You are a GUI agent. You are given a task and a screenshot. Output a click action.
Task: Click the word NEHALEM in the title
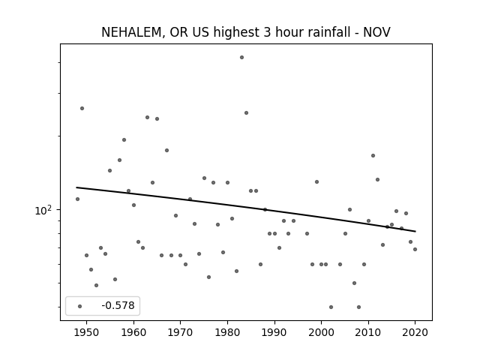point(131,32)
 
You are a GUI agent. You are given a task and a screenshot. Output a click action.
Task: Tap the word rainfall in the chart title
point(313,31)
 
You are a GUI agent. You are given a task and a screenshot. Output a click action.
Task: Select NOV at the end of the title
point(376,32)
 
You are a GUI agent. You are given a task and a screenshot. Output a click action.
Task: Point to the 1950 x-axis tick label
point(87,332)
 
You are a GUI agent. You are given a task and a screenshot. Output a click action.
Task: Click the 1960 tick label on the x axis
point(133,332)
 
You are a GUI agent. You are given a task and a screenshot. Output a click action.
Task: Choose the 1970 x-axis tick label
point(180,332)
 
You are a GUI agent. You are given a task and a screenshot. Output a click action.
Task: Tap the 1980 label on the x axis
point(227,332)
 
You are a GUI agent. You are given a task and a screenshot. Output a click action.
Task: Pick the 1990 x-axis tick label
point(274,332)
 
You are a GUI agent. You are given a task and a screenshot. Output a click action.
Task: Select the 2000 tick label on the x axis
point(322,332)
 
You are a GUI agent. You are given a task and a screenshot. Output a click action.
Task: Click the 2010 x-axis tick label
point(368,332)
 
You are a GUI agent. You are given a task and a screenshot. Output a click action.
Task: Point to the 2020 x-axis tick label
point(415,332)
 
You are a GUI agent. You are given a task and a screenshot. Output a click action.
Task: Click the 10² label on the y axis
point(43,210)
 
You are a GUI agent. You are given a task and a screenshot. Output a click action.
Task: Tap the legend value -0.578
point(118,305)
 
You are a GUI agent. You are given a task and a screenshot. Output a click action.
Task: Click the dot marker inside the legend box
point(80,306)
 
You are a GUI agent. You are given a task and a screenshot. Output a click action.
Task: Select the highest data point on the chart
point(241,57)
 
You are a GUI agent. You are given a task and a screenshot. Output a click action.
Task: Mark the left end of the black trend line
point(76,187)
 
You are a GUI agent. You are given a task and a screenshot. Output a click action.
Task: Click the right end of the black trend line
point(415,231)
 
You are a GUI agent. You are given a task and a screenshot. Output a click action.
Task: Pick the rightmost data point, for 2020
point(415,249)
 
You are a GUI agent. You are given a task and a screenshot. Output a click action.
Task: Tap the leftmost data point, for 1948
point(77,199)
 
